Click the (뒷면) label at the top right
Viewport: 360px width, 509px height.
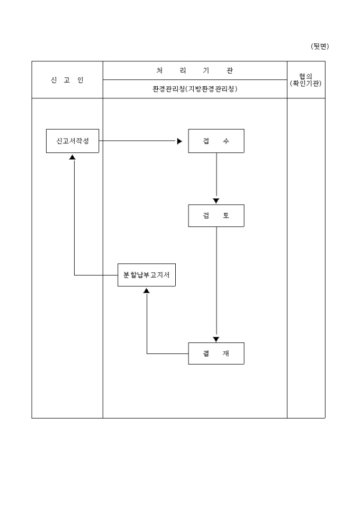click(320, 47)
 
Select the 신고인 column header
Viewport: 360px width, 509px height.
click(67, 80)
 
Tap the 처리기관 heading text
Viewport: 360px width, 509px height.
click(195, 70)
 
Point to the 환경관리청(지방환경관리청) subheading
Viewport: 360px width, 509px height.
click(195, 89)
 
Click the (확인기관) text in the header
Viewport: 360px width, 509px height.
click(306, 83)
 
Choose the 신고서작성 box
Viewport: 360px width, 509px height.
click(73, 141)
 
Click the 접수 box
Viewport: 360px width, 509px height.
click(216, 141)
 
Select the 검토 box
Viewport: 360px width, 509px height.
click(216, 216)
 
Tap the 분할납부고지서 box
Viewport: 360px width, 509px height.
click(146, 275)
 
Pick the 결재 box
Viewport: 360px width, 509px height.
click(216, 353)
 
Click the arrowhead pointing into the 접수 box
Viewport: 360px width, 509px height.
click(180, 141)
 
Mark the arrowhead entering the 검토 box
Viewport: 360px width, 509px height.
click(216, 201)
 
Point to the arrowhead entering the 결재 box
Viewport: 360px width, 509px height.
click(216, 339)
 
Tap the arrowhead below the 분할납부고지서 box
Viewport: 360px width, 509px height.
click(147, 290)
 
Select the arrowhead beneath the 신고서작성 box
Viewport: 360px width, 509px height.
click(73, 157)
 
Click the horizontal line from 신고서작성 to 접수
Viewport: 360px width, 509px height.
click(138, 141)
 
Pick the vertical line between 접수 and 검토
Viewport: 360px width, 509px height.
click(216, 175)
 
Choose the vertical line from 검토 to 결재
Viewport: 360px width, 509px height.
click(216, 280)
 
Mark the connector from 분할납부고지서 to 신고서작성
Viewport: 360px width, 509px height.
click(74, 222)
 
